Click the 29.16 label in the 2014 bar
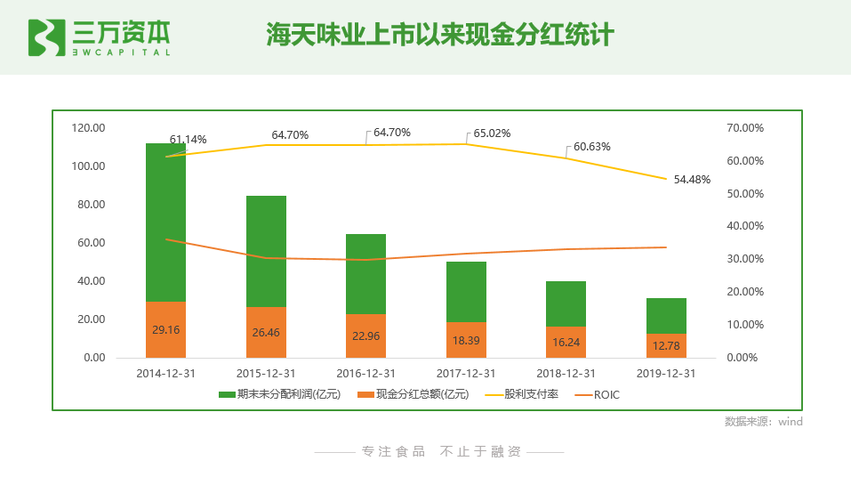[x=165, y=329]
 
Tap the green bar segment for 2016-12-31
[x=365, y=273]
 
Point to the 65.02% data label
[x=492, y=133]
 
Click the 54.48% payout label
[x=692, y=179]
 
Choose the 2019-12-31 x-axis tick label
[x=666, y=374]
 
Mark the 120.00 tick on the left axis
[x=88, y=128]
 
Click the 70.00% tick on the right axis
[x=745, y=128]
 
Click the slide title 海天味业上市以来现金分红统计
[x=440, y=36]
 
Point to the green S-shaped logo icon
[x=46, y=36]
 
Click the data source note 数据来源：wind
[x=763, y=422]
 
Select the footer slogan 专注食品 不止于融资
[x=440, y=451]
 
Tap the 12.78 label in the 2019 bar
[x=666, y=345]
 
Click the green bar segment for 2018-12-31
[x=566, y=303]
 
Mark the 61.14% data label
[x=188, y=140]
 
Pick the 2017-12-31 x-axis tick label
[x=466, y=374]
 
